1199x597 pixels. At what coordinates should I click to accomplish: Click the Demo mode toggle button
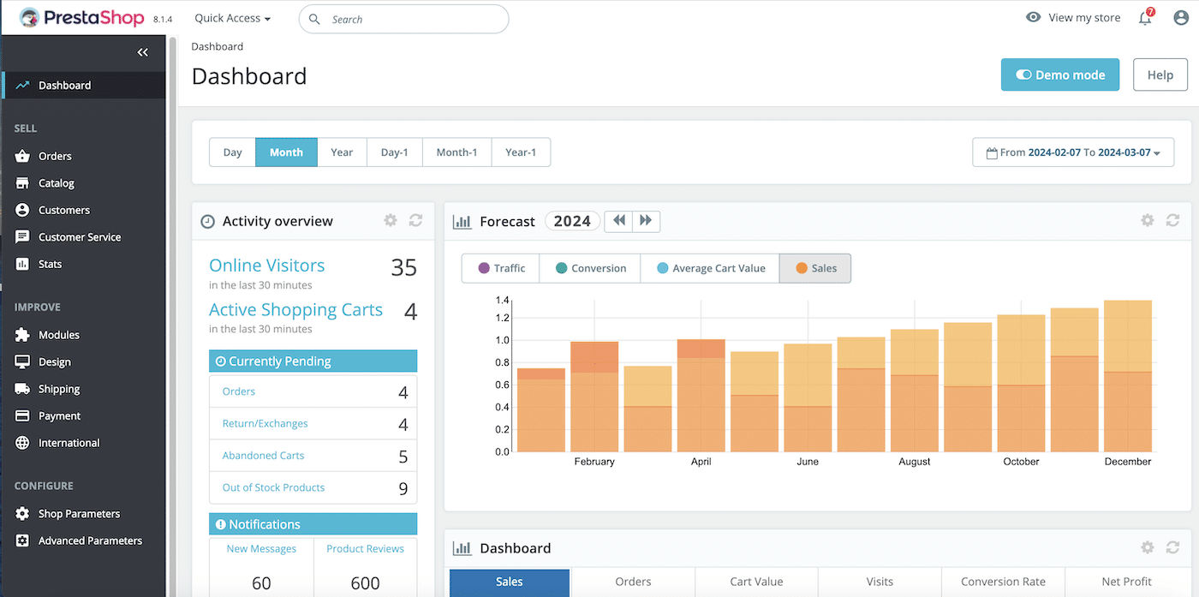(1059, 75)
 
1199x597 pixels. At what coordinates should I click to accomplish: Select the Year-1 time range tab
(520, 152)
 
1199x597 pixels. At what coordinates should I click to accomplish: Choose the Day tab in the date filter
(232, 152)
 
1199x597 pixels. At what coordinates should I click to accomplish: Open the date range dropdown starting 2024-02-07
(1072, 152)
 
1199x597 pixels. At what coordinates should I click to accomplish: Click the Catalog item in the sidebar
(57, 183)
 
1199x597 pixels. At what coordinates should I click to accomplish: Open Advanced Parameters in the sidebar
(90, 540)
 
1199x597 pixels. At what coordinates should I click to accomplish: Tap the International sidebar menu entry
(69, 443)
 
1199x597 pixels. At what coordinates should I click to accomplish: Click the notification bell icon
(1145, 18)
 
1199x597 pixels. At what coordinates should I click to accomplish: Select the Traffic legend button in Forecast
(501, 268)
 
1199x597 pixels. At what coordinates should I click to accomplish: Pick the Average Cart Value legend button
(710, 268)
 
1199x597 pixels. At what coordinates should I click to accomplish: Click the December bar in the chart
(1127, 377)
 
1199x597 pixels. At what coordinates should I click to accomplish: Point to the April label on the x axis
(701, 462)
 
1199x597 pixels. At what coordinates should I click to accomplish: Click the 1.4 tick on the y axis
(502, 301)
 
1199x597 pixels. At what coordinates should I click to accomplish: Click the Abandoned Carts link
(263, 456)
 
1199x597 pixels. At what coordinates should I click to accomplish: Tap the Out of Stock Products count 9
(403, 488)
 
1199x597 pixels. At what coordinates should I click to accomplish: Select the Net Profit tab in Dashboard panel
(1125, 582)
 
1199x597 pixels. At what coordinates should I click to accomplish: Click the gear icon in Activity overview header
(391, 221)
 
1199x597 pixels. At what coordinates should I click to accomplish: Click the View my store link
(1074, 18)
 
